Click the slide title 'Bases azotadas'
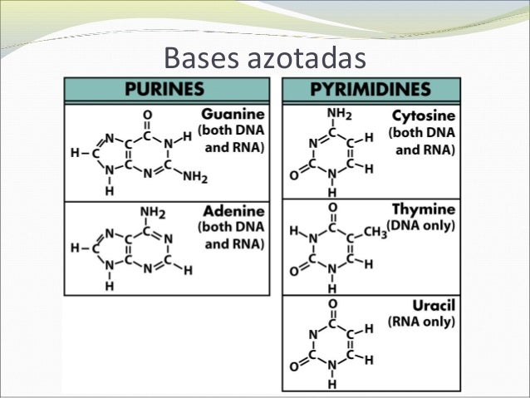(264, 58)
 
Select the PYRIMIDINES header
(371, 90)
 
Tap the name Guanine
(233, 113)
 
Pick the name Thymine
(426, 210)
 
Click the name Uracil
(433, 306)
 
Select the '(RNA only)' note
(422, 322)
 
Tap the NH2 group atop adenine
(148, 212)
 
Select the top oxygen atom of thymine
(332, 208)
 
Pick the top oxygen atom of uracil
(332, 303)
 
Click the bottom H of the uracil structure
(332, 385)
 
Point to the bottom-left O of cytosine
(294, 176)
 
